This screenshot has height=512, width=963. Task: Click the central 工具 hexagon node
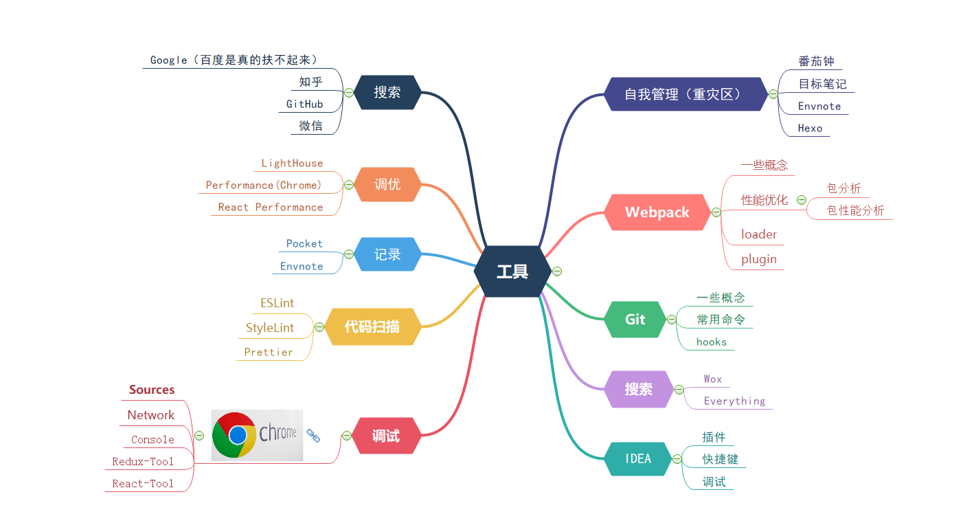(x=512, y=271)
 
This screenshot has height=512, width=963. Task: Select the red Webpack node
(x=657, y=212)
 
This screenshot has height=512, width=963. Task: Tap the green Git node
(x=635, y=320)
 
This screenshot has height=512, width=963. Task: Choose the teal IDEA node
(x=638, y=458)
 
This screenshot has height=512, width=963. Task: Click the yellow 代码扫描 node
(x=372, y=326)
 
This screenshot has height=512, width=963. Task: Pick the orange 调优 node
(x=387, y=184)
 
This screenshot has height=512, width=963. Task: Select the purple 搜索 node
(x=638, y=389)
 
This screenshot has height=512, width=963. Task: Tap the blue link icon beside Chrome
(x=313, y=435)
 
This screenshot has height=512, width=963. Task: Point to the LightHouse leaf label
(x=292, y=164)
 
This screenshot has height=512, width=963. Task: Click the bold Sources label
(x=152, y=390)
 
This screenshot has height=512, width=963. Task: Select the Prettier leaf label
(x=269, y=353)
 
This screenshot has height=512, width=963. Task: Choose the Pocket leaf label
(x=304, y=244)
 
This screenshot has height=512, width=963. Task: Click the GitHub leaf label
(x=304, y=104)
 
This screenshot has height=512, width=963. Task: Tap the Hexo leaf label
(x=810, y=129)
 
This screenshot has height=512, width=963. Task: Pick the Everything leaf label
(x=734, y=401)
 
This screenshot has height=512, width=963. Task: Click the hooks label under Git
(x=712, y=342)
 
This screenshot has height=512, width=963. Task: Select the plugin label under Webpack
(x=759, y=259)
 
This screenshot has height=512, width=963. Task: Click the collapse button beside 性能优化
(x=801, y=200)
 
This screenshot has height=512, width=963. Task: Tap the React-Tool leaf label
(x=143, y=484)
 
